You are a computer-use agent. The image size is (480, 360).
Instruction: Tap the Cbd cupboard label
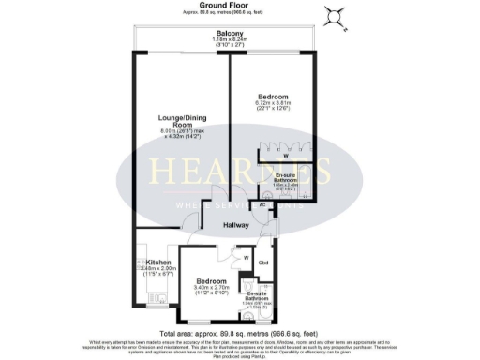263,262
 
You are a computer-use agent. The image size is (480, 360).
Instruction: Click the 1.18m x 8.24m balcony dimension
225,40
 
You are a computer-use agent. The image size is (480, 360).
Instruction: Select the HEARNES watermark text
241,172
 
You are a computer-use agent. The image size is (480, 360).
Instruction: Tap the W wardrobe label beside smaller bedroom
245,258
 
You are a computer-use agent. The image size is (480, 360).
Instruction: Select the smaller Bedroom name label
211,281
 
